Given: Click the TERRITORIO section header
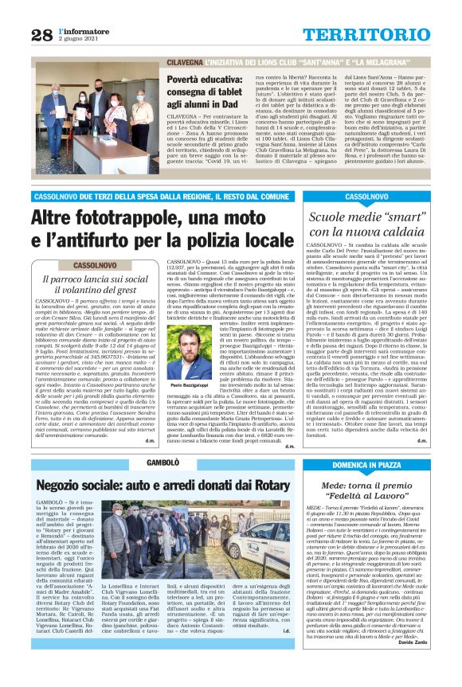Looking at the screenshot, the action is pos(374,33).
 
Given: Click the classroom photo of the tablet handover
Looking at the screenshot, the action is pos(96,118).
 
